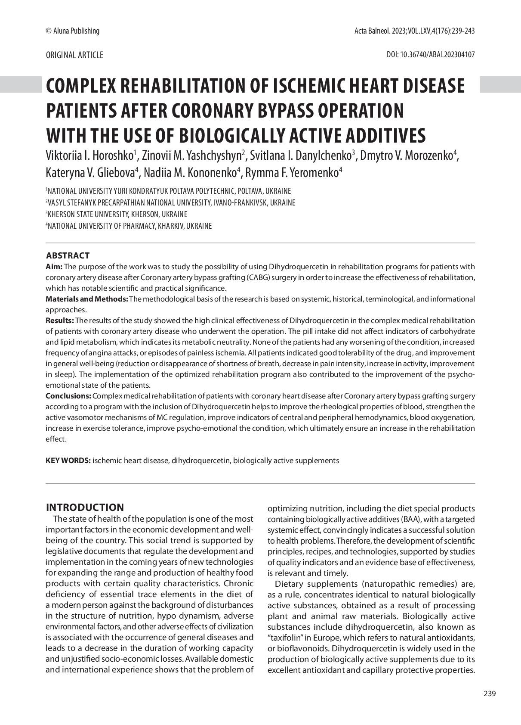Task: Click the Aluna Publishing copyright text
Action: pos(72,31)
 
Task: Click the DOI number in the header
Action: pos(431,55)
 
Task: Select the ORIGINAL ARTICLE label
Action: pos(74,55)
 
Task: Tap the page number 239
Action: pos(490,694)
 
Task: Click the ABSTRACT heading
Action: pos(68,255)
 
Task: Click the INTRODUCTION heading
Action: pos(85,507)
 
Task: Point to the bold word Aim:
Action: pos(54,267)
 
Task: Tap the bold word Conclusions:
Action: pos(68,396)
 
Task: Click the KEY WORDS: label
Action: pos(68,461)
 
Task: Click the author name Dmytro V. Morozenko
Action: pos(407,156)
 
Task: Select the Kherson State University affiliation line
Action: pos(117,214)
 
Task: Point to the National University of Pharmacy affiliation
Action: pos(129,226)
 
